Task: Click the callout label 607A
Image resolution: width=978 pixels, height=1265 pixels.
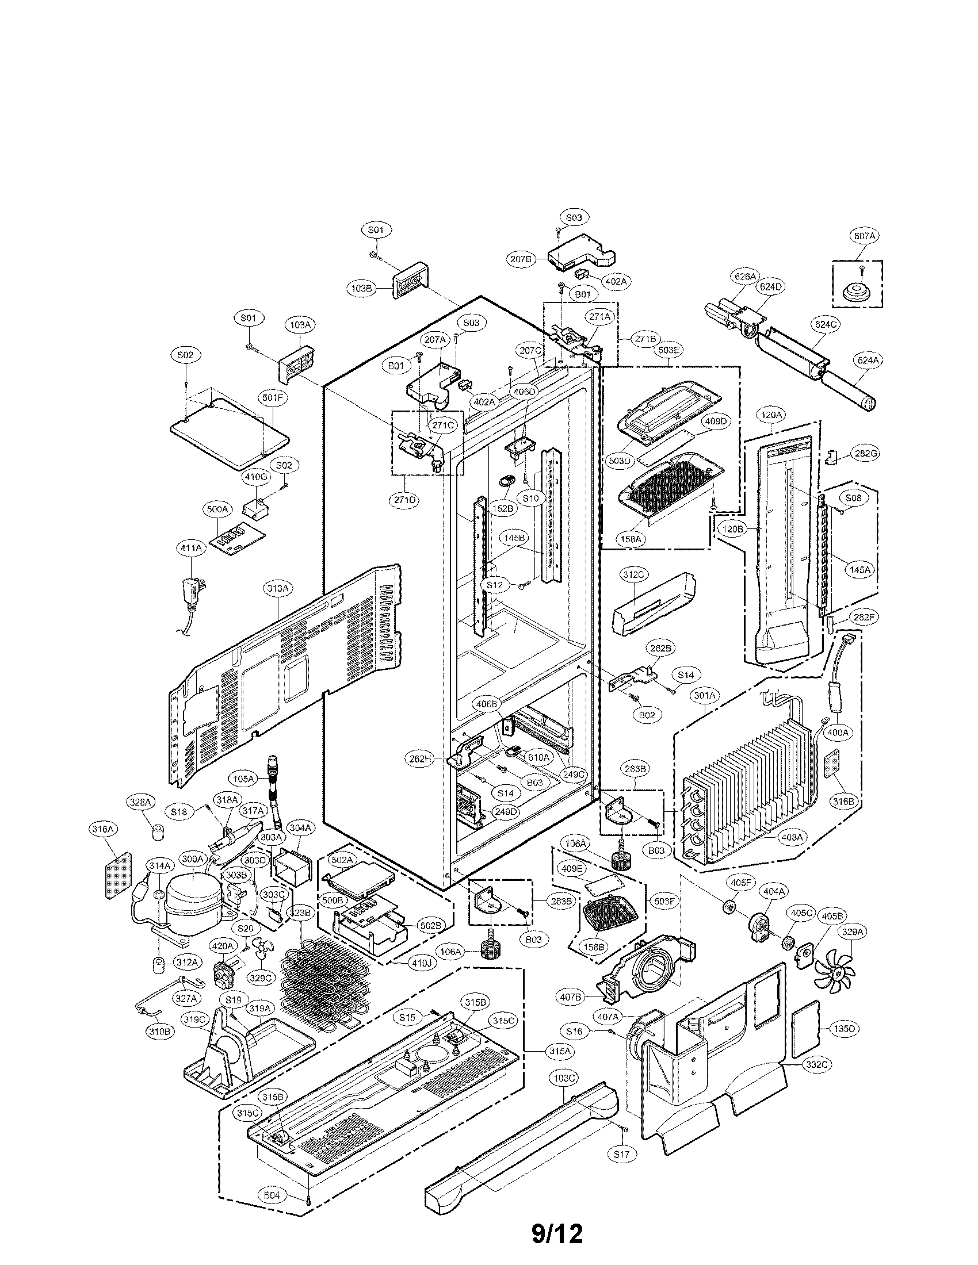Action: pyautogui.click(x=864, y=236)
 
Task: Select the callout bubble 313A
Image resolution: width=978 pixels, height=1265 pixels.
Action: pyautogui.click(x=277, y=588)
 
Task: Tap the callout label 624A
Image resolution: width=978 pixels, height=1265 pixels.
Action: pyautogui.click(x=868, y=361)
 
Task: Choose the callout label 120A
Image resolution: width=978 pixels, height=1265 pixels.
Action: pyautogui.click(x=771, y=415)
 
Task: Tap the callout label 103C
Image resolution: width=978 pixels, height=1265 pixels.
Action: pyautogui.click(x=564, y=1078)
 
